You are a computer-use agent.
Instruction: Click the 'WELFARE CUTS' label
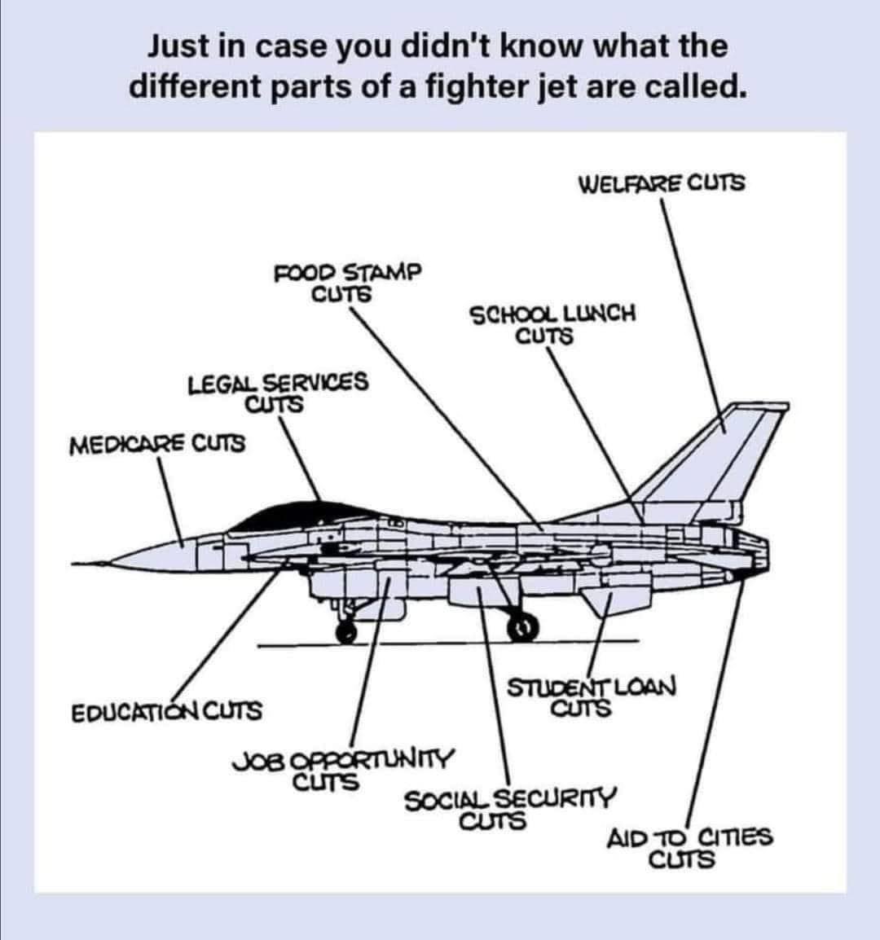pos(661,182)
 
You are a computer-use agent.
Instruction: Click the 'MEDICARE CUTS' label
pos(157,445)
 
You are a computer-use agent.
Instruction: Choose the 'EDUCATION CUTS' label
pos(167,711)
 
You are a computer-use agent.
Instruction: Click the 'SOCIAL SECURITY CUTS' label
pos(510,807)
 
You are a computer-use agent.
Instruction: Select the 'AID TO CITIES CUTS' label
pos(689,847)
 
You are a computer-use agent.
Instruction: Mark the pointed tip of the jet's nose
pos(75,563)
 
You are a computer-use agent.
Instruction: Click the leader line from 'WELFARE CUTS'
pos(689,301)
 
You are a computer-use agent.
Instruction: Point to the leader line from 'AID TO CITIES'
pos(716,701)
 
